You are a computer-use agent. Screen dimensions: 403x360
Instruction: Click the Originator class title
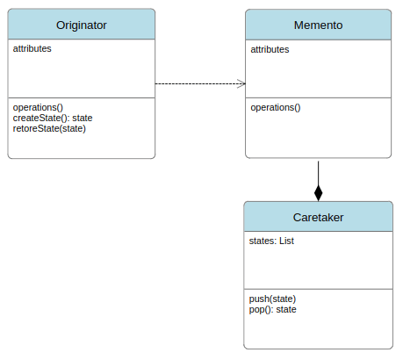pos(82,25)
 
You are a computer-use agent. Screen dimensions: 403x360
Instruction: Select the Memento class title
pos(318,25)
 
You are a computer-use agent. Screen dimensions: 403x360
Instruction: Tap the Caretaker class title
pos(318,218)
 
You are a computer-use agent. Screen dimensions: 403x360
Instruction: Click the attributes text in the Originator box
pos(32,48)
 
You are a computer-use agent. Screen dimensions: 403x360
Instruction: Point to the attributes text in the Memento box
pos(270,49)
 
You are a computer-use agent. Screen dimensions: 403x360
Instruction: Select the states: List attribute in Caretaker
pos(271,241)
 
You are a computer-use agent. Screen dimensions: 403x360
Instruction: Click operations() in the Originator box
pos(38,107)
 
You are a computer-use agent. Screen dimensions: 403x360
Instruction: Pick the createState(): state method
pos(53,118)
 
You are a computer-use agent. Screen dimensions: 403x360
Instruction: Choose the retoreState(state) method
pos(49,128)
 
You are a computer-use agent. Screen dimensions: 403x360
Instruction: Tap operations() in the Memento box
pos(276,107)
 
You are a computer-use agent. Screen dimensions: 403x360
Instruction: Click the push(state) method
pos(272,299)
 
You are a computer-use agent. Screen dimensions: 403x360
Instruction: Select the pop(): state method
pos(272,309)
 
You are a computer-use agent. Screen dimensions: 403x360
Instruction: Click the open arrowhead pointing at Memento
pos(241,83)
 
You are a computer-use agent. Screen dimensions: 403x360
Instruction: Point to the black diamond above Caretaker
pos(319,193)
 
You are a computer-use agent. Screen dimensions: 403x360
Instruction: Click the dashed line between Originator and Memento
pos(200,83)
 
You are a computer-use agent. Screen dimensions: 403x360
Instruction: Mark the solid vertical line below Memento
pos(319,173)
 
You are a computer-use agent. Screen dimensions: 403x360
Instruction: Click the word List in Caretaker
pos(286,241)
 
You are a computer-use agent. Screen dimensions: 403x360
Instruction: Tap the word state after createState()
pos(83,118)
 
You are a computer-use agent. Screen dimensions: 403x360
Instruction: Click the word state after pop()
pos(286,309)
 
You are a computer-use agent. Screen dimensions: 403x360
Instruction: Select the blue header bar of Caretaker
pos(318,217)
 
